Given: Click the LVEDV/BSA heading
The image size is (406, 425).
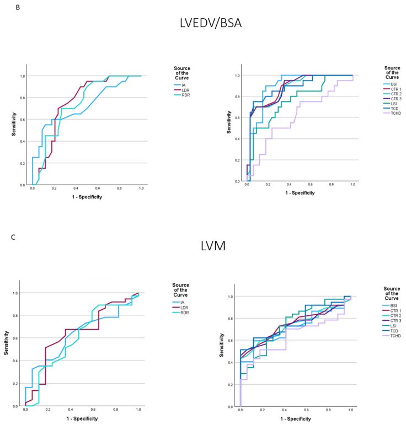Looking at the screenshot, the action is [x=211, y=23].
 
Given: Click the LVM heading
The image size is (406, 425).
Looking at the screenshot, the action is [x=213, y=246].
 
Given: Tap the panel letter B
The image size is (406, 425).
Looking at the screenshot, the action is [x=18, y=8].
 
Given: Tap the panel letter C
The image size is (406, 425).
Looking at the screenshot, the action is [x=13, y=238].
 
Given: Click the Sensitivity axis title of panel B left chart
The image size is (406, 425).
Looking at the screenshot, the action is [x=14, y=124].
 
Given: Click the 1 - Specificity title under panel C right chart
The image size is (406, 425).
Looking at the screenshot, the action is [x=296, y=419].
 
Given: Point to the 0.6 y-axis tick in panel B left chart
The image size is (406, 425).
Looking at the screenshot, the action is [x=23, y=120].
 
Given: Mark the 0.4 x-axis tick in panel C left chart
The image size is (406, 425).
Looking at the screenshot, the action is [x=71, y=410].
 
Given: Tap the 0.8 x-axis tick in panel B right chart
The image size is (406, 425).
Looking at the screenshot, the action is [x=332, y=184].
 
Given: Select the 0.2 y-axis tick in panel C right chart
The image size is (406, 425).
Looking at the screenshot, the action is [x=230, y=385].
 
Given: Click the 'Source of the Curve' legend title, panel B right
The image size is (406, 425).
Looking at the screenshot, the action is [x=392, y=73].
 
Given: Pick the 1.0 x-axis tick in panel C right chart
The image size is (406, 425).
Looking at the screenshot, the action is [x=351, y=410].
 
